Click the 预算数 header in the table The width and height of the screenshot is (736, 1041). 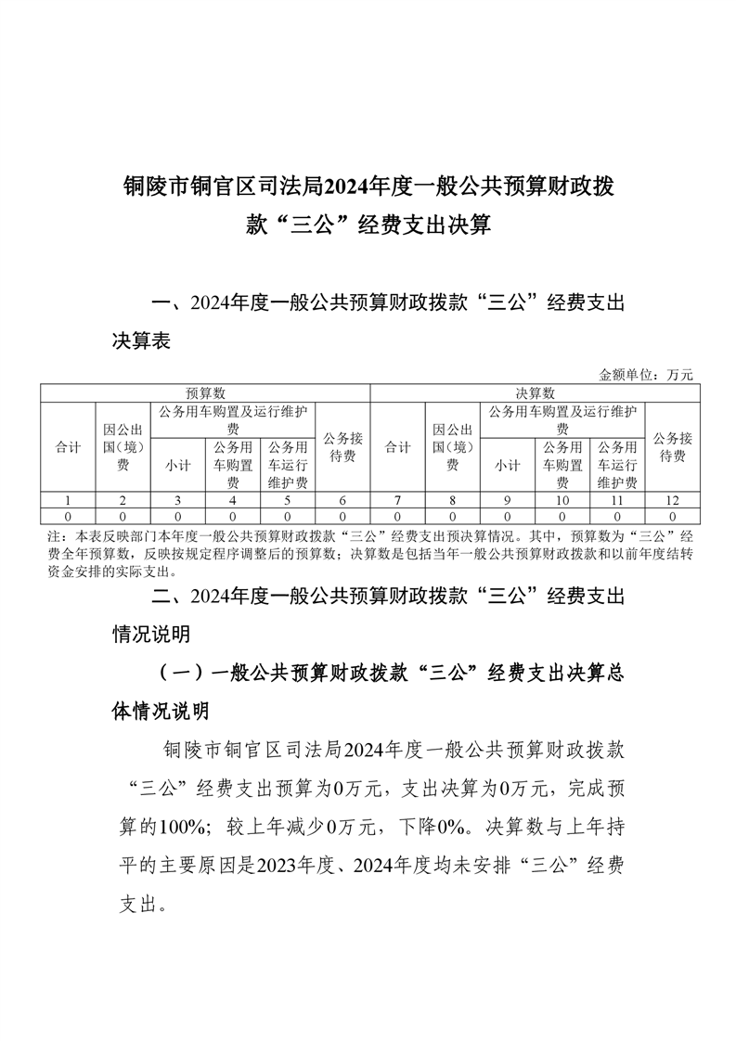click(205, 393)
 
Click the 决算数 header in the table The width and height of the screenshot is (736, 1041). click(536, 393)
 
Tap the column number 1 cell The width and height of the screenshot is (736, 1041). click(68, 500)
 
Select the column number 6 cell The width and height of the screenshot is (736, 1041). click(342, 500)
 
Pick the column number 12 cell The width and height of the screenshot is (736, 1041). click(672, 500)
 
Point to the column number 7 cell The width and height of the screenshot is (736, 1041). click(397, 500)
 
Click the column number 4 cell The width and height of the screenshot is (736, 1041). click(233, 500)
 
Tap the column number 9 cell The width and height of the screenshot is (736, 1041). click(507, 500)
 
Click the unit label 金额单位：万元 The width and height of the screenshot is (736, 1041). click(646, 375)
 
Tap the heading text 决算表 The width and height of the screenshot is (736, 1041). click(141, 342)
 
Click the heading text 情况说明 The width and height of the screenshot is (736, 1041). click(151, 635)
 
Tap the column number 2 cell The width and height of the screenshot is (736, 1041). click(123, 500)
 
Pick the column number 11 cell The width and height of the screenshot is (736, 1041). click(617, 500)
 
